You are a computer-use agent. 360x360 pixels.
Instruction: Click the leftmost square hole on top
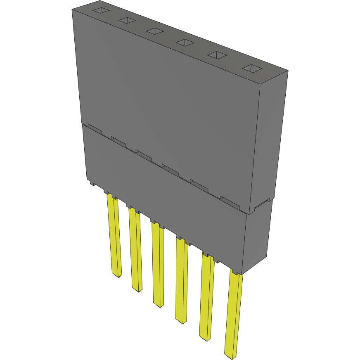(100, 12)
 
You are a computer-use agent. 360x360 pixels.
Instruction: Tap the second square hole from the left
(127, 21)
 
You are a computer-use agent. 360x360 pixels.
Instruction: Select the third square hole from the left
(155, 31)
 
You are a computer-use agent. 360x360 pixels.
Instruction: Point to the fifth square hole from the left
(218, 55)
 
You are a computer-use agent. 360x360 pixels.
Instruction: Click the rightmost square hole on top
(252, 68)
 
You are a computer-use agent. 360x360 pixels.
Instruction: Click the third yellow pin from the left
(158, 264)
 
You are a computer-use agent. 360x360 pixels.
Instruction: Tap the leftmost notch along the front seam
(94, 129)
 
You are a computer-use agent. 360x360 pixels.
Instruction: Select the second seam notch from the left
(118, 141)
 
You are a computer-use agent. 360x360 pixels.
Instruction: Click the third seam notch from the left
(144, 154)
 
